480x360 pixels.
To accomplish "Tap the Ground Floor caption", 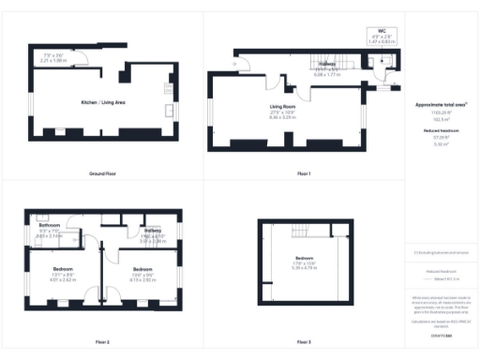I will [102, 174].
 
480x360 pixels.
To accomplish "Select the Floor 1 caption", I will [303, 174].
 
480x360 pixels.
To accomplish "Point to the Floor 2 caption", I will [102, 341].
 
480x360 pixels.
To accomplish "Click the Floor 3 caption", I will [303, 341].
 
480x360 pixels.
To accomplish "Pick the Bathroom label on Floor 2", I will [50, 226].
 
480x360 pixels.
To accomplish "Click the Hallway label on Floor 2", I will [152, 231].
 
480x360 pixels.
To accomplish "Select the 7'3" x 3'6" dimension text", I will [53, 55].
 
